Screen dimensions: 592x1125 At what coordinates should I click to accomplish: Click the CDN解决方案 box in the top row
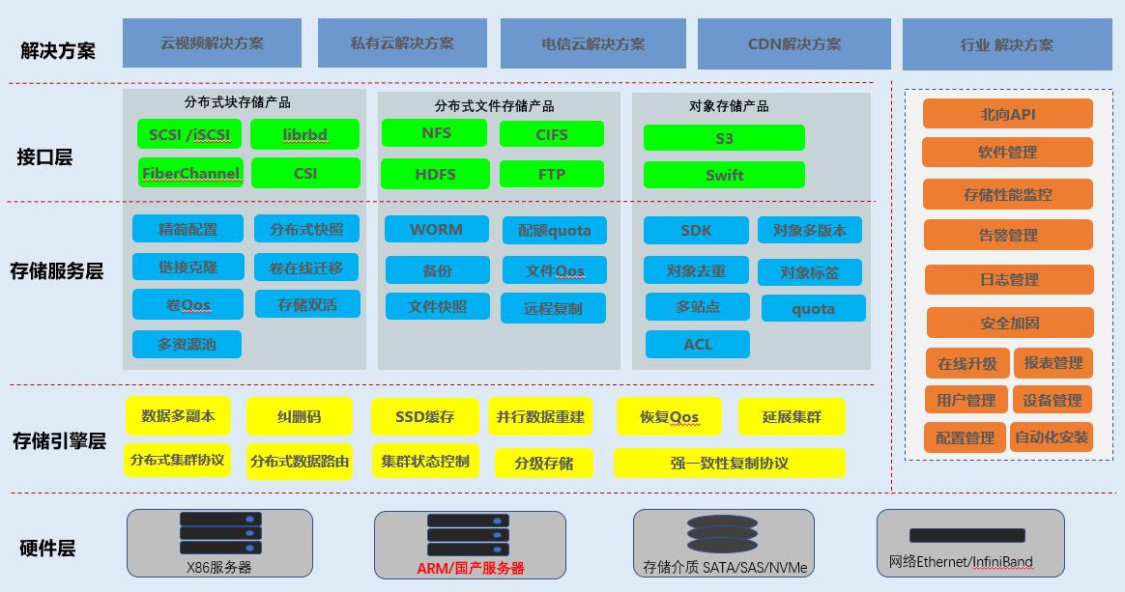tap(793, 43)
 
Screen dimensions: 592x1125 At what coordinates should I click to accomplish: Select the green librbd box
tap(304, 134)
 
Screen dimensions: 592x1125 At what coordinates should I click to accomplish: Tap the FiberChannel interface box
tap(190, 173)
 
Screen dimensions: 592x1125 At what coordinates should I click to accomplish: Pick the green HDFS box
tap(434, 174)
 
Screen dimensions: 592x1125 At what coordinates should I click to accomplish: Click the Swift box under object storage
tap(724, 175)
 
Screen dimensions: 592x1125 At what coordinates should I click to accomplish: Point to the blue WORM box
tap(436, 229)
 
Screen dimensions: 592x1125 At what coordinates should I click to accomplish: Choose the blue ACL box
tap(697, 344)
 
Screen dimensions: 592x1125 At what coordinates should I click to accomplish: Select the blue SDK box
tap(696, 230)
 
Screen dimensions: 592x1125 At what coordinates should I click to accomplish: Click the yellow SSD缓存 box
tap(424, 417)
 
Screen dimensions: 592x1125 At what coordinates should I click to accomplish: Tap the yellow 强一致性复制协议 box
tap(729, 463)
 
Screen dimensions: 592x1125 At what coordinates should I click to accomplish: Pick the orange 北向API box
tap(1007, 114)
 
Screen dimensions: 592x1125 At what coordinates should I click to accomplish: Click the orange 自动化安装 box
tap(1051, 437)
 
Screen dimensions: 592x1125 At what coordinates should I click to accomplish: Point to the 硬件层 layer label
tap(47, 549)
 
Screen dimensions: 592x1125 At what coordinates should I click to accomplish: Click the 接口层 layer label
tap(44, 156)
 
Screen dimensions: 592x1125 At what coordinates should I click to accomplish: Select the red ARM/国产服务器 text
tap(471, 568)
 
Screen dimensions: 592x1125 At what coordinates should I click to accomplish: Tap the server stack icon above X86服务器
tap(220, 532)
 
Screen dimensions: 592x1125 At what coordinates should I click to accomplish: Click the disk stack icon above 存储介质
tap(722, 534)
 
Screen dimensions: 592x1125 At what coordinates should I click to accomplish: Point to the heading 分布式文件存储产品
tap(494, 105)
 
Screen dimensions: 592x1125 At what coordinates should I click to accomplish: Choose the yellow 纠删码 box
tap(299, 417)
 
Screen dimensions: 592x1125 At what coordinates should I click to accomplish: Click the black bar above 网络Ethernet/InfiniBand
tap(966, 535)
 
